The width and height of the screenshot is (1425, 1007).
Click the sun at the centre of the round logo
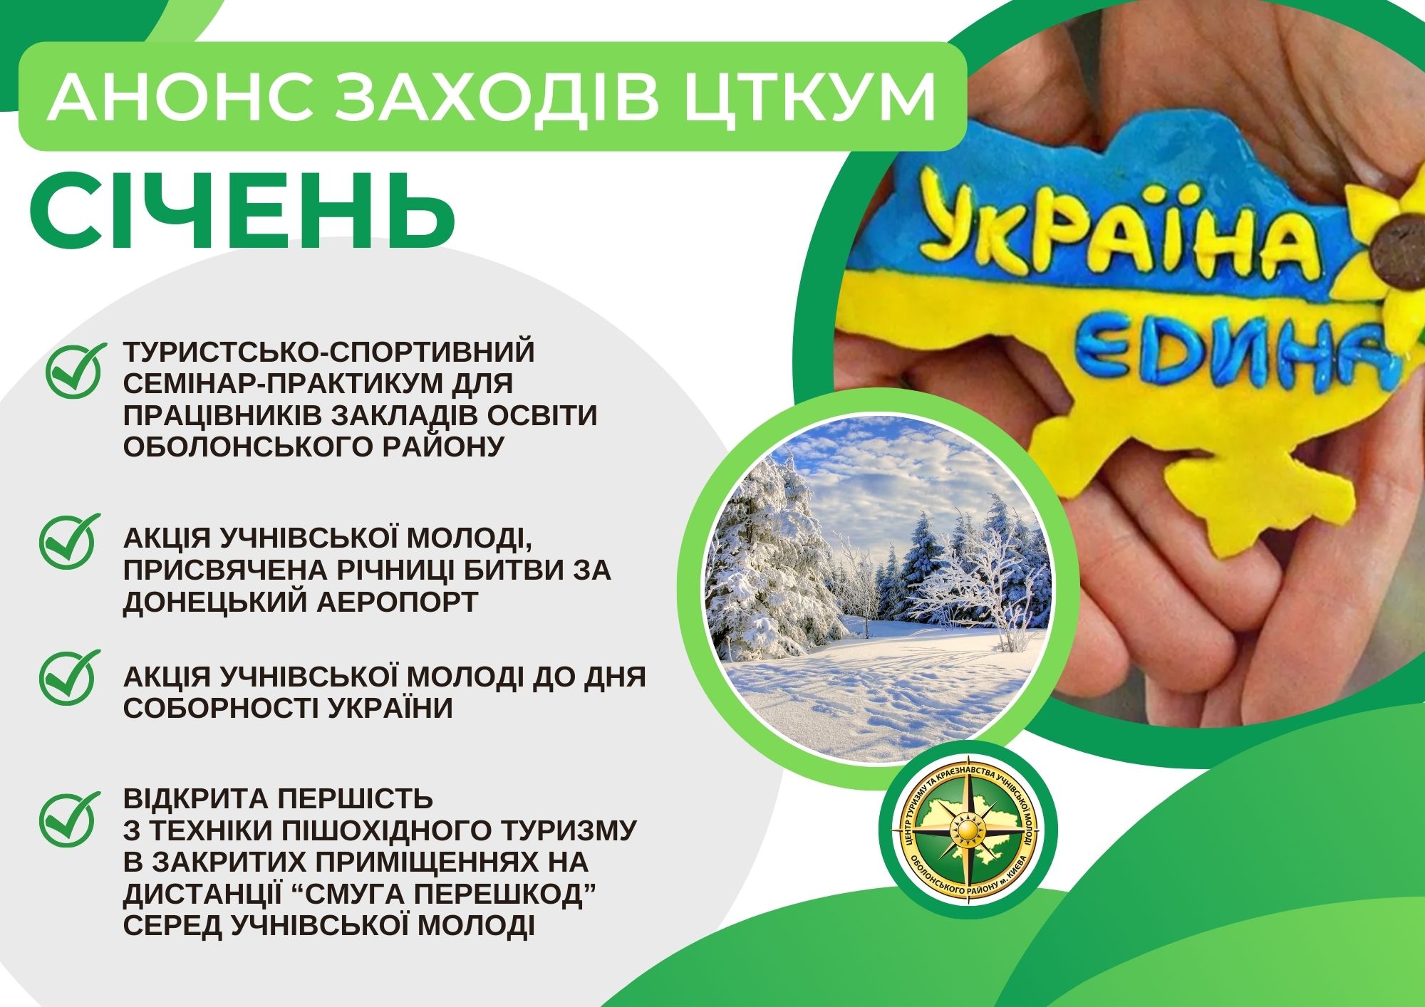[x=968, y=832]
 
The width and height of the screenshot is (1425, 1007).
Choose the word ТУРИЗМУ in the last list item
[x=561, y=830]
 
